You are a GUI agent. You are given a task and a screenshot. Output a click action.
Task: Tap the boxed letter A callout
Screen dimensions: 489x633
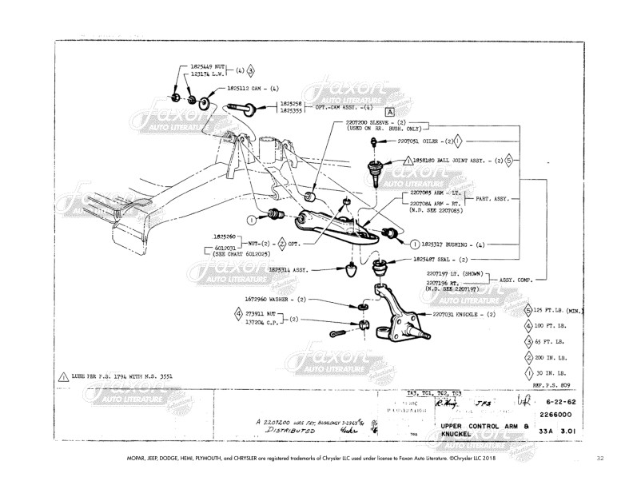391,113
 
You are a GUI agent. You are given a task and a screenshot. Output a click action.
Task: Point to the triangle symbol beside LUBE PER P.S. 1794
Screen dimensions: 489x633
63,375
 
